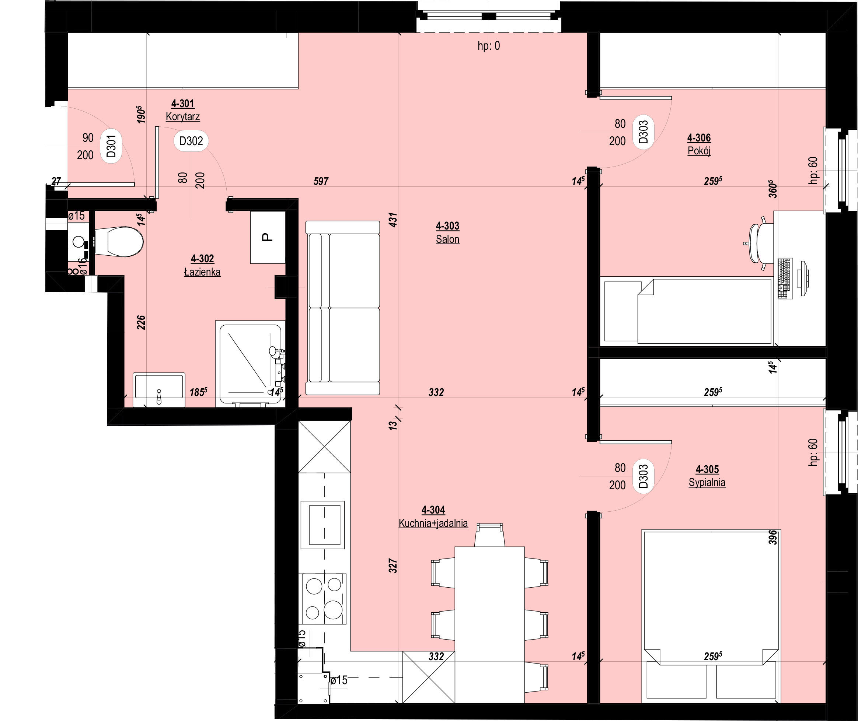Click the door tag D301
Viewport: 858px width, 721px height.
[x=111, y=146]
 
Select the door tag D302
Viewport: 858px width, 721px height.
[x=191, y=141]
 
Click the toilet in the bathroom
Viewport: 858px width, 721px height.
[x=119, y=242]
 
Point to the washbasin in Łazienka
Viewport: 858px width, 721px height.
[x=159, y=389]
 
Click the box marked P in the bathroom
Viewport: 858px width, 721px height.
[x=268, y=237]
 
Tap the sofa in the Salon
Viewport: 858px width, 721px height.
[x=342, y=308]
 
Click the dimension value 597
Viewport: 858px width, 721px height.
[x=321, y=181]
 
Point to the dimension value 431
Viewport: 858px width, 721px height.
[x=393, y=220]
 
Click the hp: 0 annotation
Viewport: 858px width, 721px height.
[x=489, y=46]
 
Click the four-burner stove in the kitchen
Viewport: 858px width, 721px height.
[x=323, y=599]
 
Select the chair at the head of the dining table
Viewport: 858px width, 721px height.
[x=488, y=535]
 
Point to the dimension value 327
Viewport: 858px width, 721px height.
[x=393, y=566]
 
